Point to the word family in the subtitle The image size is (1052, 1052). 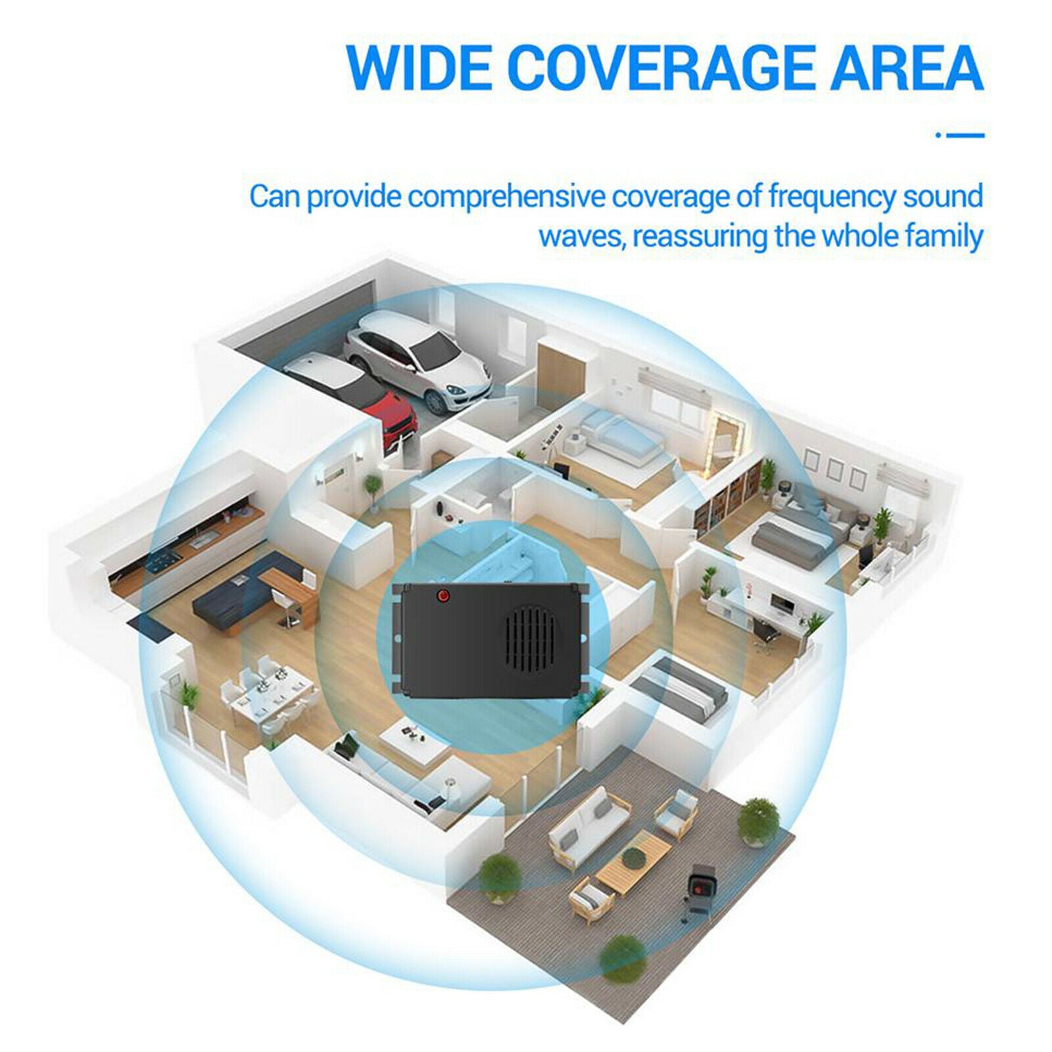945,237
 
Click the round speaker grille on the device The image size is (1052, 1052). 531,636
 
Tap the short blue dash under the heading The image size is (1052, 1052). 960,136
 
